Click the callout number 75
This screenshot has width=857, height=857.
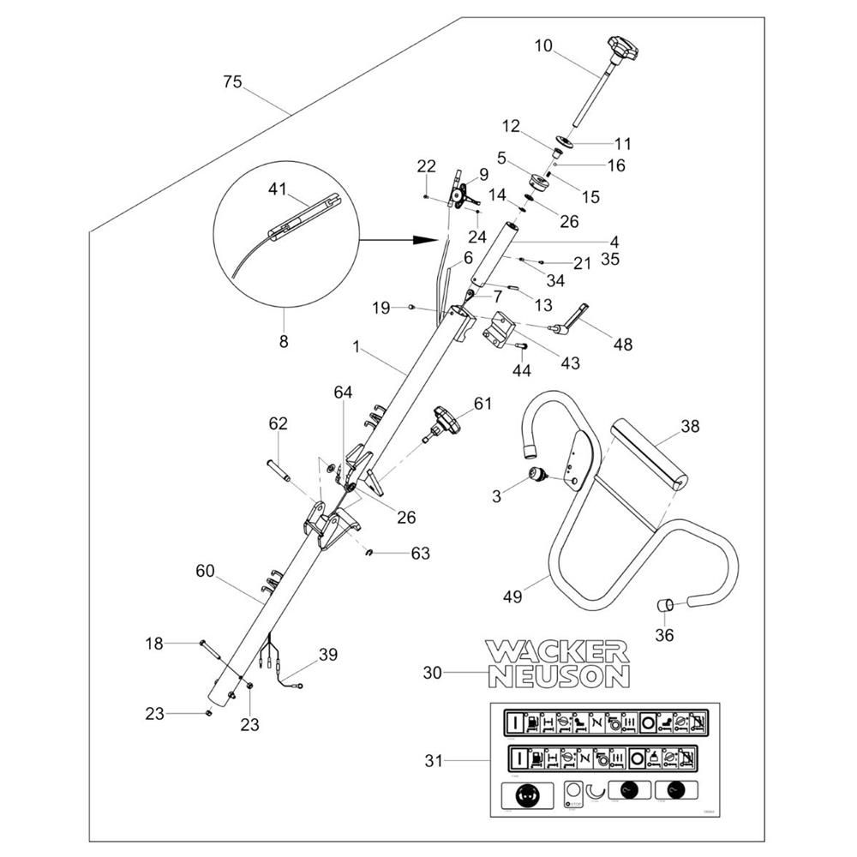point(232,82)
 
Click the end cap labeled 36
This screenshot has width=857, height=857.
point(664,605)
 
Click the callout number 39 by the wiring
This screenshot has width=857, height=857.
point(327,655)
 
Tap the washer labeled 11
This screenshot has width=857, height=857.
point(564,141)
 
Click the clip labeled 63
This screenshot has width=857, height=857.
point(370,553)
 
